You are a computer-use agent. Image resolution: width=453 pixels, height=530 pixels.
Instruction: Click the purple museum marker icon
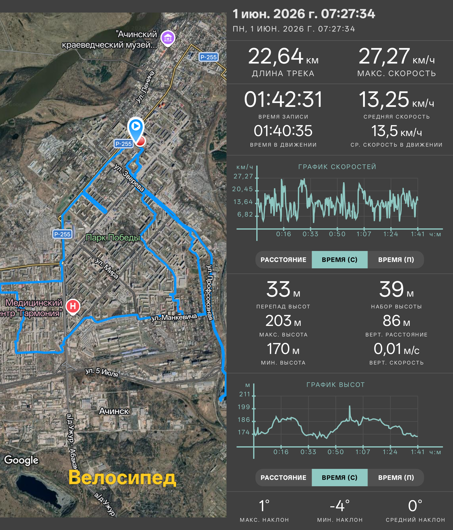[168, 38]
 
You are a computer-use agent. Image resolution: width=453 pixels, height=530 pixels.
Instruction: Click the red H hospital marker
[73, 306]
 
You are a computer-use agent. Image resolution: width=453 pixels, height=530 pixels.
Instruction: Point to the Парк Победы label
[113, 238]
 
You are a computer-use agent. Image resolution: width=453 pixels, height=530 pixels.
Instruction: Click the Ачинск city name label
[114, 411]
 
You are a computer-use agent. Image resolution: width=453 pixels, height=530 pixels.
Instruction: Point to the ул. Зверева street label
[129, 178]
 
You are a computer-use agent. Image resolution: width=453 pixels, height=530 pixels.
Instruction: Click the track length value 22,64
[276, 56]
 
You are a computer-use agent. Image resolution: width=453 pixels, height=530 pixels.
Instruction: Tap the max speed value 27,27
[384, 56]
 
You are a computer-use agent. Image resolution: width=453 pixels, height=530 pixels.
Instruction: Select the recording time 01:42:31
[283, 99]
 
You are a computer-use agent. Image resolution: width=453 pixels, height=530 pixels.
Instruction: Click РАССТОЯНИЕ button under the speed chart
[283, 260]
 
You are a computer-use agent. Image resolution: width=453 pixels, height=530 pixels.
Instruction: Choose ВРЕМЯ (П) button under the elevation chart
[396, 477]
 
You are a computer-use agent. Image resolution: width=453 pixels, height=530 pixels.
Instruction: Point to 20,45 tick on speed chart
[242, 189]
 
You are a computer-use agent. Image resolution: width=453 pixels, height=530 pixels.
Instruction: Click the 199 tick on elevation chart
[244, 407]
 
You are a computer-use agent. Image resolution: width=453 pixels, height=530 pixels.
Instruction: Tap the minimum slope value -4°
[340, 506]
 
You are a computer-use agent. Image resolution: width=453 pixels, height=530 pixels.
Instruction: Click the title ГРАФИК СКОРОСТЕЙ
[337, 167]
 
